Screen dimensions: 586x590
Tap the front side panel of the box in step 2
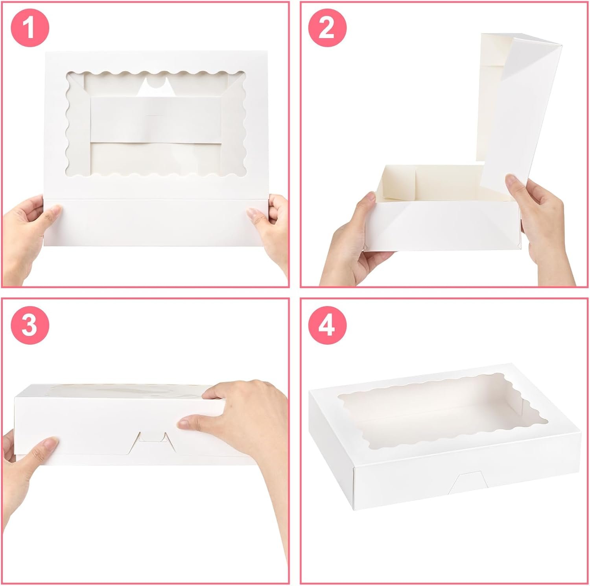click(x=441, y=228)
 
